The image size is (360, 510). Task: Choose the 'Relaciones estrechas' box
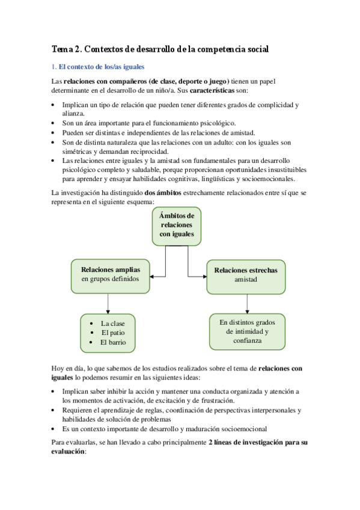(x=246, y=275)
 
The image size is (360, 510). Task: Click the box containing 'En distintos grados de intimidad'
(x=248, y=331)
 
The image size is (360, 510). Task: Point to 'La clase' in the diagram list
(x=113, y=323)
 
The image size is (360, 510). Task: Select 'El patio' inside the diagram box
(x=113, y=333)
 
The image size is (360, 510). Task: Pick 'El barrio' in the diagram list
(x=113, y=342)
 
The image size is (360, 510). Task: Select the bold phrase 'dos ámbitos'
(x=163, y=192)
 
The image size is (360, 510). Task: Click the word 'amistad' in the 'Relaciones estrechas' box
(x=246, y=280)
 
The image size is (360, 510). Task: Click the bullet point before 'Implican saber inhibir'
(x=56, y=391)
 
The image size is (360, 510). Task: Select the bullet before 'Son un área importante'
(x=56, y=123)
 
